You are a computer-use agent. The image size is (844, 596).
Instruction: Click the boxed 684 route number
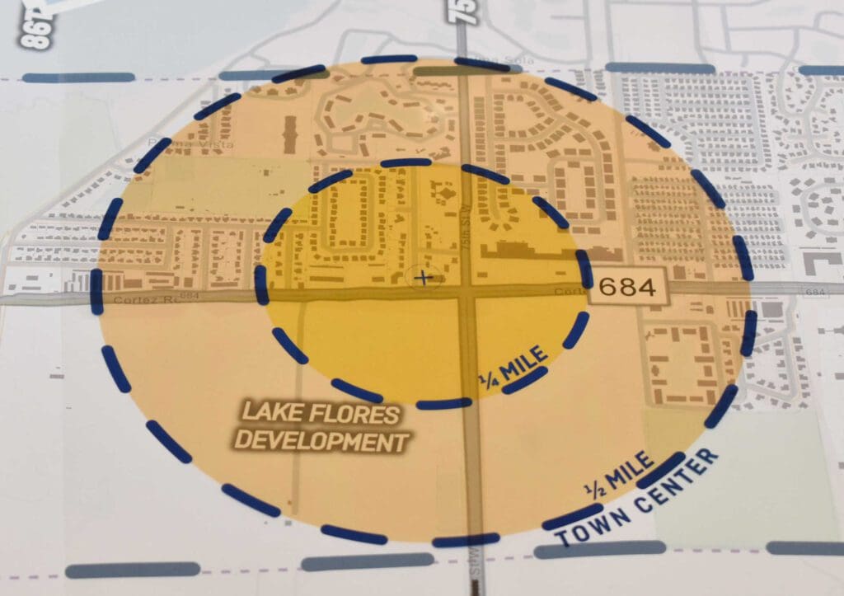(629, 287)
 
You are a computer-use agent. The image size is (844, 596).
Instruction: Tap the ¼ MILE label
(513, 365)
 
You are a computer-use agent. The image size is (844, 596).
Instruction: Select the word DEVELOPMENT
(321, 442)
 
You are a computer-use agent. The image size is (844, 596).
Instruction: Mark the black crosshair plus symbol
(424, 278)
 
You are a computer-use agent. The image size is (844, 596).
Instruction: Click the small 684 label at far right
(815, 292)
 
